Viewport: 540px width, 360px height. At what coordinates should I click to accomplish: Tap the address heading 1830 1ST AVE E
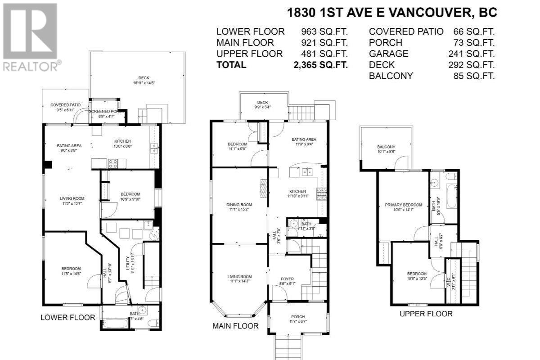click(x=391, y=13)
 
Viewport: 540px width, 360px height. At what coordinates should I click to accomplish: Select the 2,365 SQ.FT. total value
click(x=320, y=65)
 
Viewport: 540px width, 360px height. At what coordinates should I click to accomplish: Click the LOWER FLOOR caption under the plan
click(x=68, y=317)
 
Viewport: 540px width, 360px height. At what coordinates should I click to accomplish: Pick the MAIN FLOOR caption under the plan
click(x=235, y=326)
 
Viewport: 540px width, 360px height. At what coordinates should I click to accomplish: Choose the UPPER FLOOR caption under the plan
click(x=426, y=314)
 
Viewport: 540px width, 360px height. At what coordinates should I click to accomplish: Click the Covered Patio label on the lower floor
click(x=65, y=105)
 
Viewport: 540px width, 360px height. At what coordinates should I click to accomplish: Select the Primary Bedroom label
click(x=404, y=205)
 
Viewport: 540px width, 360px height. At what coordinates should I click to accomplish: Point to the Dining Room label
click(x=239, y=205)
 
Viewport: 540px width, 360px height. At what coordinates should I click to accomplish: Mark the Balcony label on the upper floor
click(x=386, y=147)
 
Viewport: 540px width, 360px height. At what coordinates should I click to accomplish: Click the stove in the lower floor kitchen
click(x=112, y=163)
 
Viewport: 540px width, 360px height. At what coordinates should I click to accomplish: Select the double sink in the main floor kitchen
click(x=307, y=171)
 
